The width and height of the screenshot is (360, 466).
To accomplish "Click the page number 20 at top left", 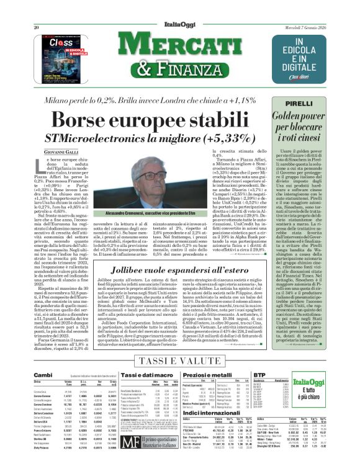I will (x=37, y=10).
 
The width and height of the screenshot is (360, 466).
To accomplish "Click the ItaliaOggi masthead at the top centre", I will (x=179, y=10).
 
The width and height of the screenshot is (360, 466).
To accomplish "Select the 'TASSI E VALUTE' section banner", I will (x=181, y=361).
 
